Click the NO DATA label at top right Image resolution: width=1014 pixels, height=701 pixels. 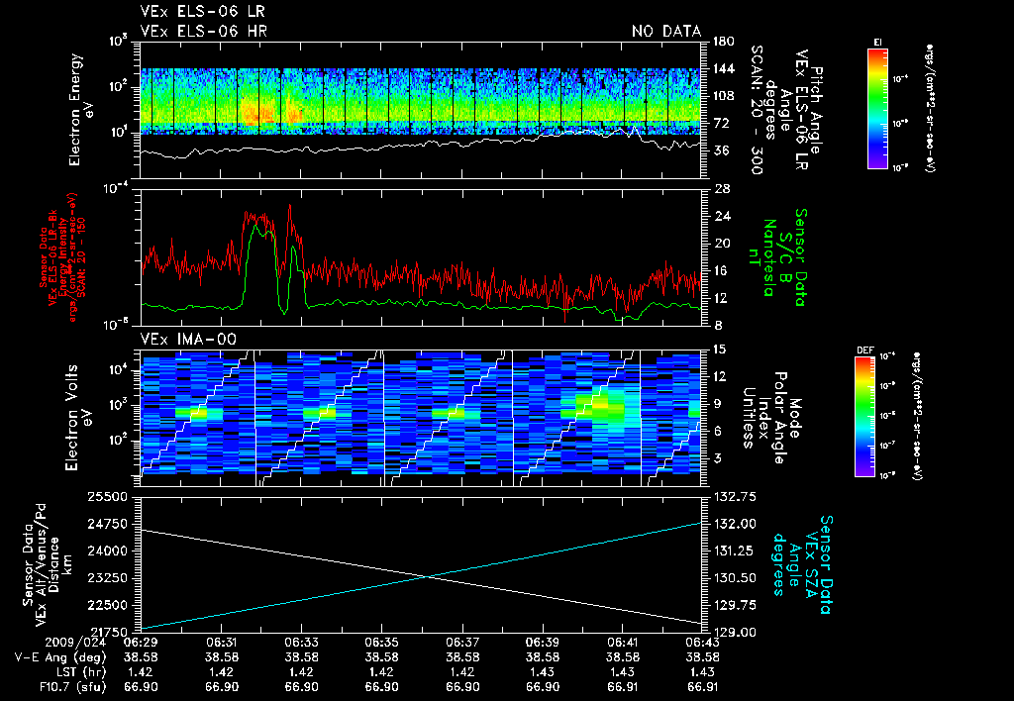point(665,32)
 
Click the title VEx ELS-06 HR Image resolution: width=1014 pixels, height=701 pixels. point(193,32)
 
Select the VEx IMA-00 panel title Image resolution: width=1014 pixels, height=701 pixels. point(181,339)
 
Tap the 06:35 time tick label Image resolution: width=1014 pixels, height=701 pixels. point(381,642)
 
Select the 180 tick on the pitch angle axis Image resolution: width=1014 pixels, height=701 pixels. point(721,42)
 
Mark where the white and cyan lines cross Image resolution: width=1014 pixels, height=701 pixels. point(428,577)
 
